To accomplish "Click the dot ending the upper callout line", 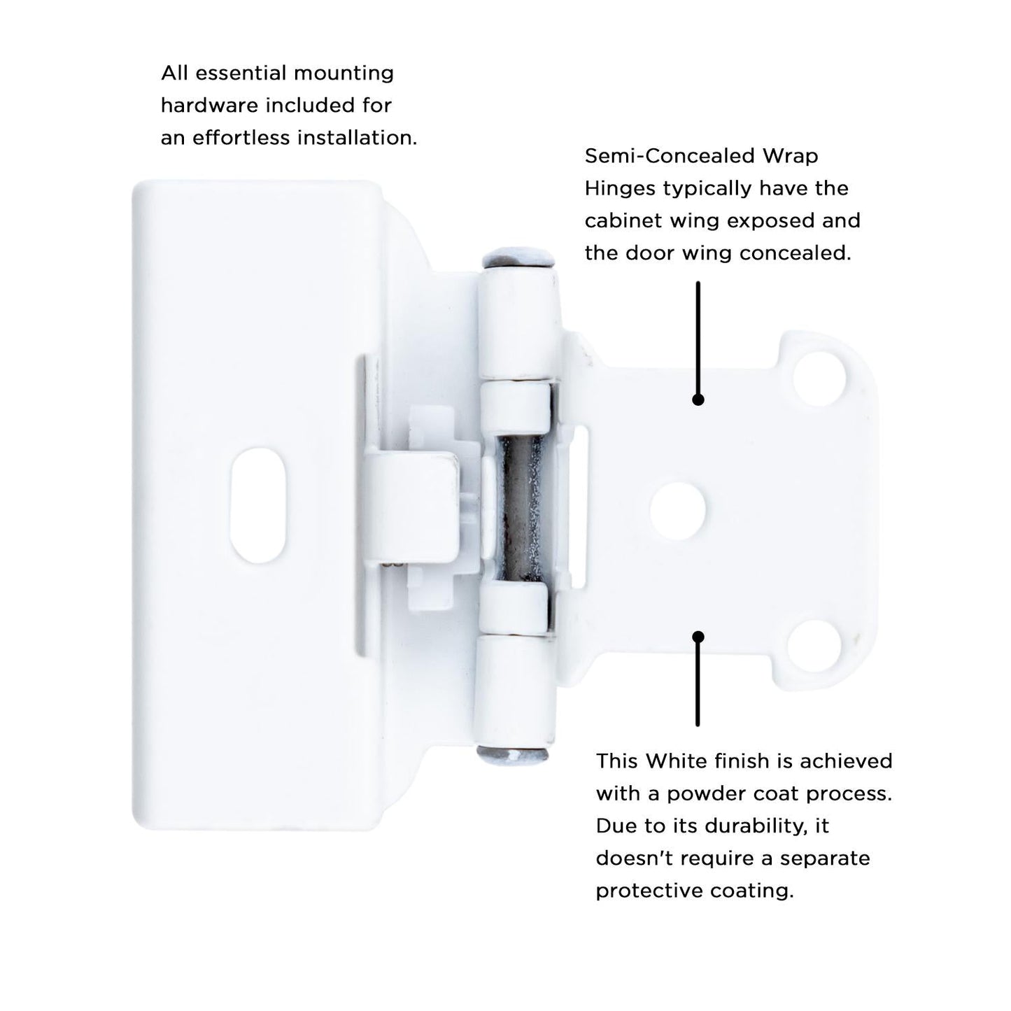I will tap(698, 400).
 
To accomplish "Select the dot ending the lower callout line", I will tap(698, 637).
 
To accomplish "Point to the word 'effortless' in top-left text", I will tap(241, 137).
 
